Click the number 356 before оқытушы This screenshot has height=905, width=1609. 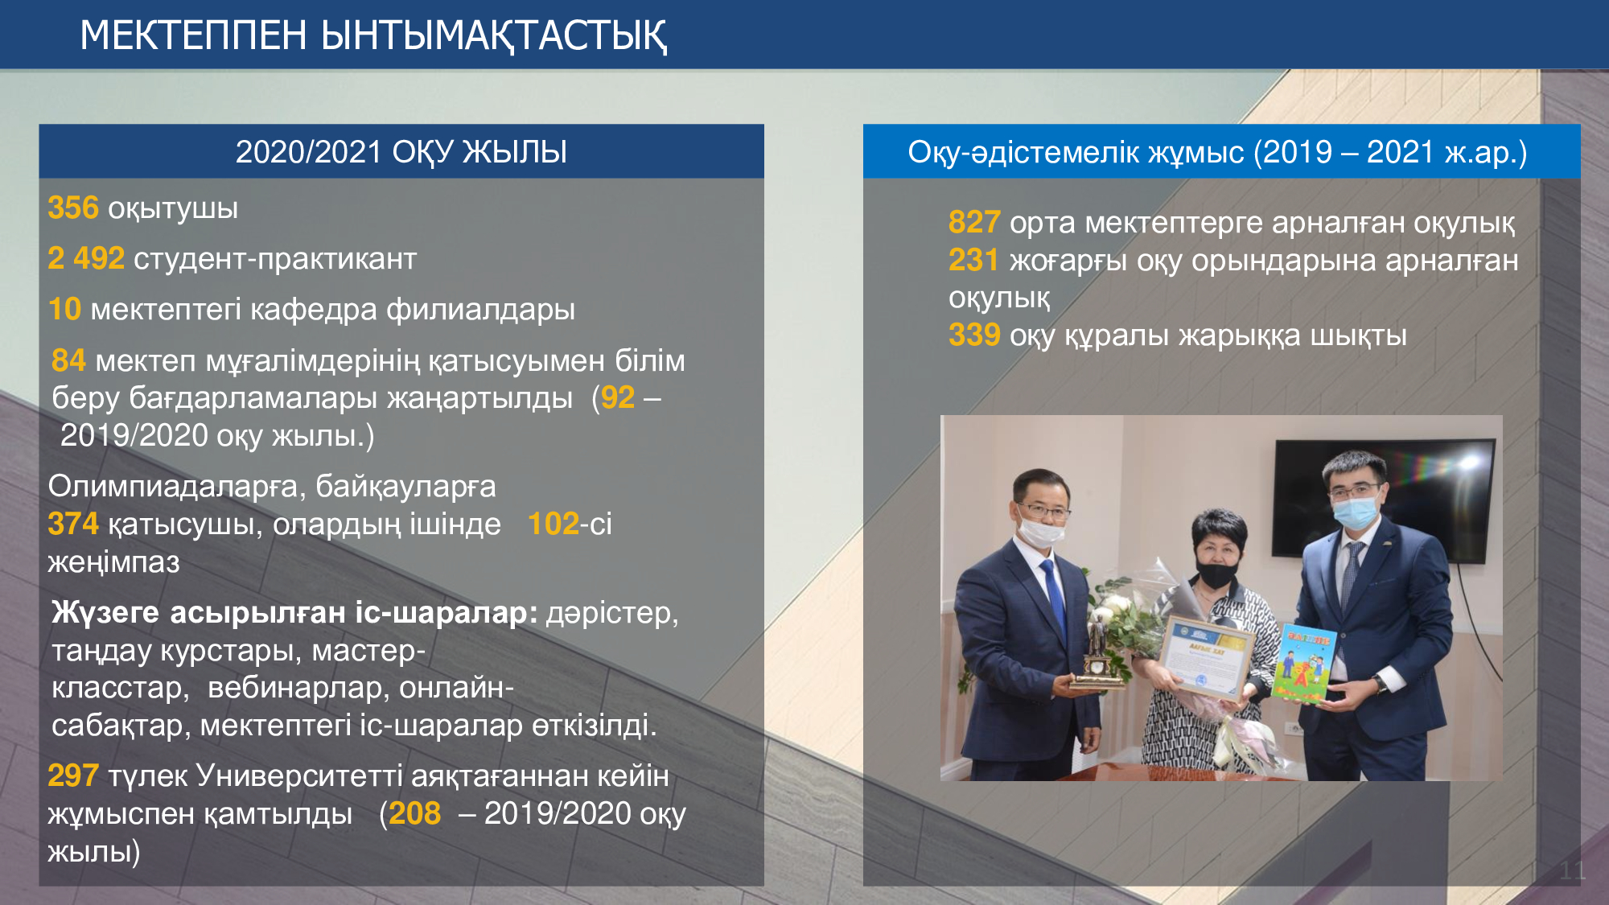[x=73, y=208]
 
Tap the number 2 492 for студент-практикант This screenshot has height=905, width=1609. [x=86, y=258]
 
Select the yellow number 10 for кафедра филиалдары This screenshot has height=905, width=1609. [x=65, y=309]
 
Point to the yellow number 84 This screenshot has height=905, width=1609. [x=68, y=360]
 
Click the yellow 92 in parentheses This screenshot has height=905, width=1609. [x=618, y=397]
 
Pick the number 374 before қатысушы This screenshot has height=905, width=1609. [x=73, y=524]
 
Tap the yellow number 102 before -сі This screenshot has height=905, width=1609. [x=553, y=524]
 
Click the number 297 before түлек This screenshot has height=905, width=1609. [x=73, y=775]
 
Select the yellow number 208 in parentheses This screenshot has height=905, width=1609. [x=415, y=813]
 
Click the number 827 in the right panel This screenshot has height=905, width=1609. [x=974, y=222]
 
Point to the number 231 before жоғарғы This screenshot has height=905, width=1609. [x=974, y=260]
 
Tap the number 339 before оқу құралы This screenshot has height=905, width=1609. [x=974, y=335]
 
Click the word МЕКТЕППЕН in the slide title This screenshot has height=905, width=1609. [x=194, y=35]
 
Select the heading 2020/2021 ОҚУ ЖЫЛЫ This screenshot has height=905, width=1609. [x=401, y=152]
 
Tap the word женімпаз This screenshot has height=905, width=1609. [x=114, y=562]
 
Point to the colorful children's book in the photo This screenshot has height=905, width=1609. [x=1304, y=663]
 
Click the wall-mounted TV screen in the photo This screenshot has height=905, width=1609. [x=1383, y=499]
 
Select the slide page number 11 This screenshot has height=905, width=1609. [x=1573, y=870]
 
